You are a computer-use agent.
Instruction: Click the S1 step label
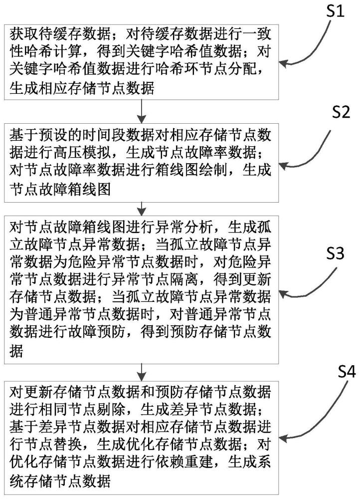tap(336, 11)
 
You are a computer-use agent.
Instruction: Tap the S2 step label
tap(341, 113)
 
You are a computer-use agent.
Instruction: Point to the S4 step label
tap(347, 372)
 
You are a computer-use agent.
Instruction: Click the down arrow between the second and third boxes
tap(142, 209)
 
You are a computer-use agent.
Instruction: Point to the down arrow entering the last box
tap(142, 372)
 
